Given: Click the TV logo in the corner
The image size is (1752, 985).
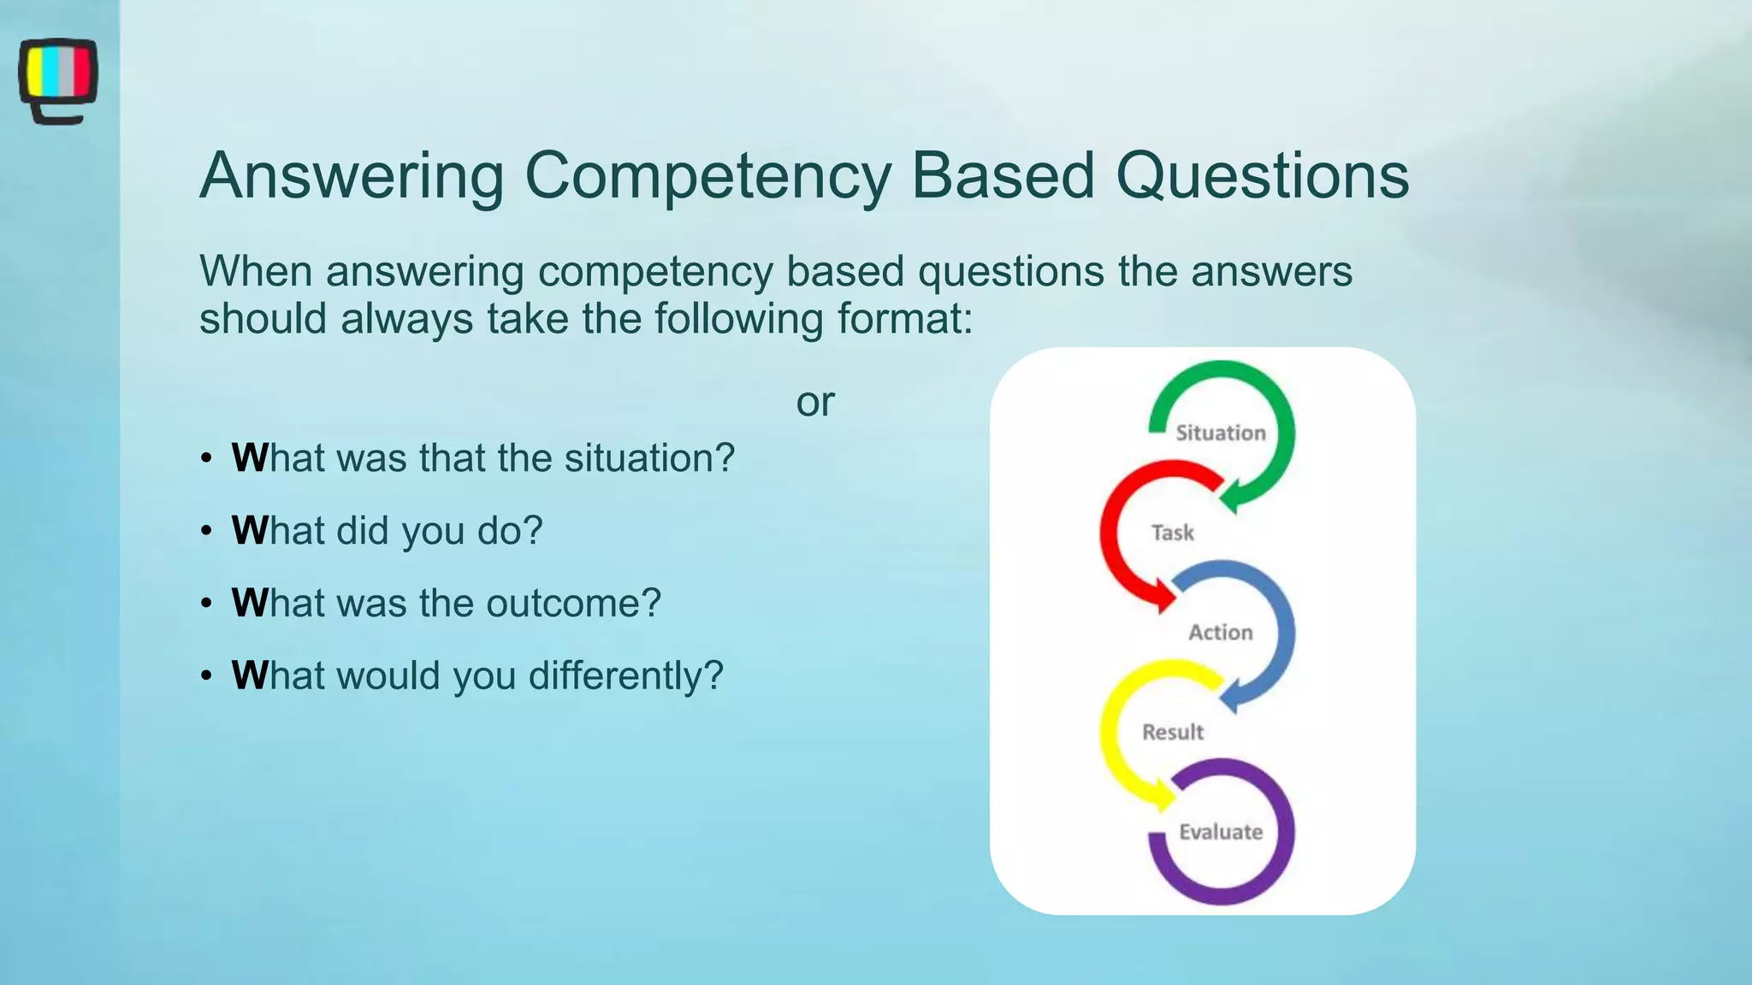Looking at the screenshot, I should pos(57,80).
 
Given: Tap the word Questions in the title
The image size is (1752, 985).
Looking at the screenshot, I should pos(1262,175).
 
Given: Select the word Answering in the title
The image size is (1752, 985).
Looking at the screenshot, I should pos(352,175).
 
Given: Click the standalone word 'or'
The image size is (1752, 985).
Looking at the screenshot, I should pos(814,402).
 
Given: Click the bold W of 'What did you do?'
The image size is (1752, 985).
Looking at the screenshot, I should pos(249,531).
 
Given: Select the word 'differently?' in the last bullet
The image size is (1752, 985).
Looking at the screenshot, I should pos(625,676).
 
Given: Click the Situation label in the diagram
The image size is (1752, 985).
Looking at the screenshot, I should pos(1220,433).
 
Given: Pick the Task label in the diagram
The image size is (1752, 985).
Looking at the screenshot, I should pos(1172,533).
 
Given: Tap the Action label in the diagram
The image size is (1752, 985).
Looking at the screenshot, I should pos(1220,633).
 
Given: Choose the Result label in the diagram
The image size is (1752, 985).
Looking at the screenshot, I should pos(1172,733).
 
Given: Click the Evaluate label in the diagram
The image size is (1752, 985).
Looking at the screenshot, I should pos(1220,832).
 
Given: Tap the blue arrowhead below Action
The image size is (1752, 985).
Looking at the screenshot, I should pos(1229,697).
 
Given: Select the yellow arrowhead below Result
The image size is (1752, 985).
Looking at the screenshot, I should pos(1163,797).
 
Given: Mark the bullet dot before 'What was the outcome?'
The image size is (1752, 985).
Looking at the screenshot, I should pos(206,605).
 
